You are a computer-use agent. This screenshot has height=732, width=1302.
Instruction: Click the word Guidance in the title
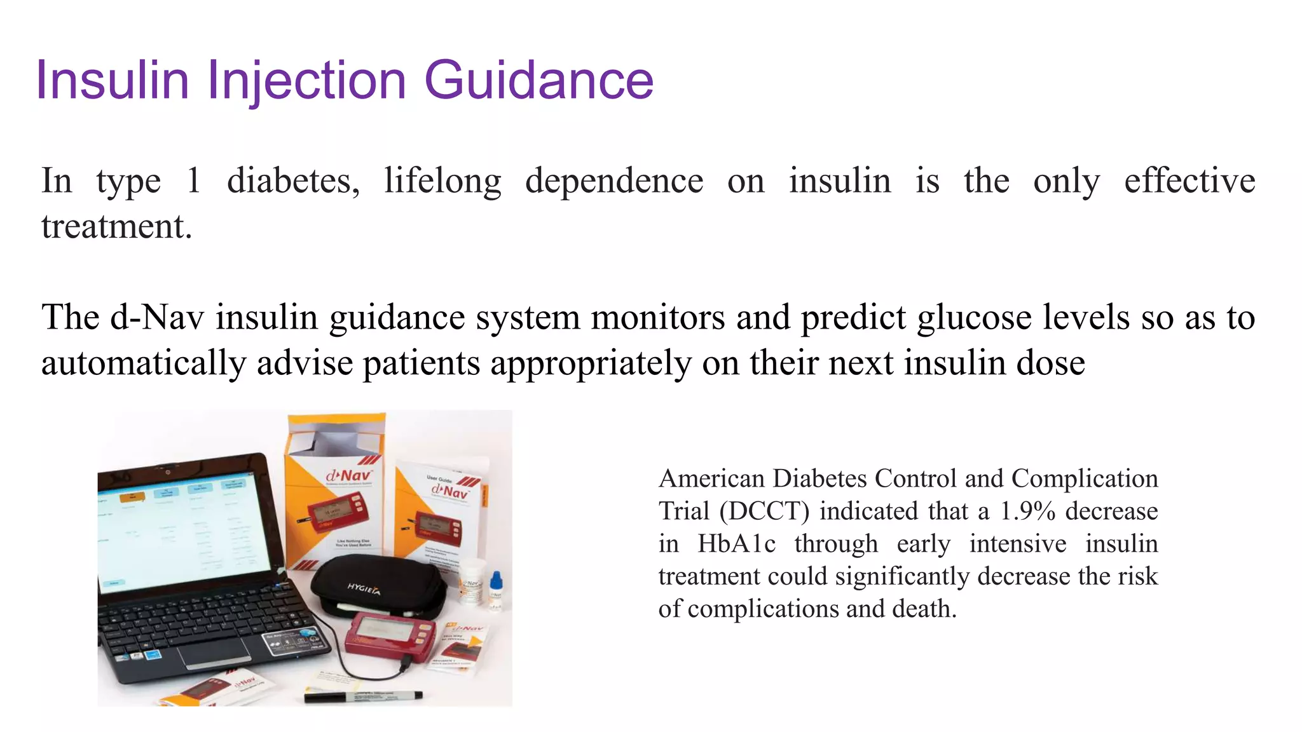tap(538, 80)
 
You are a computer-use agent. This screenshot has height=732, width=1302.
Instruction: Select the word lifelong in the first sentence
tap(442, 181)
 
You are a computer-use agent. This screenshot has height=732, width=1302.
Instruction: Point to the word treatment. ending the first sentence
tap(116, 227)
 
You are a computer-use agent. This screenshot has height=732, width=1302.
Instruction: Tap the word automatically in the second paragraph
tap(144, 363)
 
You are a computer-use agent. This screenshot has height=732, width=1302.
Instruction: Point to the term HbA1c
tap(736, 544)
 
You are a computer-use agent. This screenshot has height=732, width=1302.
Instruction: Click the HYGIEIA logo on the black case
tap(364, 589)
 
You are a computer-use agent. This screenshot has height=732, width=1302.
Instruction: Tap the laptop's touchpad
tap(214, 653)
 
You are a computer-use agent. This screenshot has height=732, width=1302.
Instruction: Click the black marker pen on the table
tap(363, 696)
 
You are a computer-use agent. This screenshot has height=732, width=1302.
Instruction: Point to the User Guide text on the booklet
tap(439, 478)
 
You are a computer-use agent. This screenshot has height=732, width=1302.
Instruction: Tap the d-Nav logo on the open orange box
tap(348, 476)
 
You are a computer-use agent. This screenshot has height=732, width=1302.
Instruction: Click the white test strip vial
tap(471, 581)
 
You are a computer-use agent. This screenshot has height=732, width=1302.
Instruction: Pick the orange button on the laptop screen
tap(132, 497)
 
